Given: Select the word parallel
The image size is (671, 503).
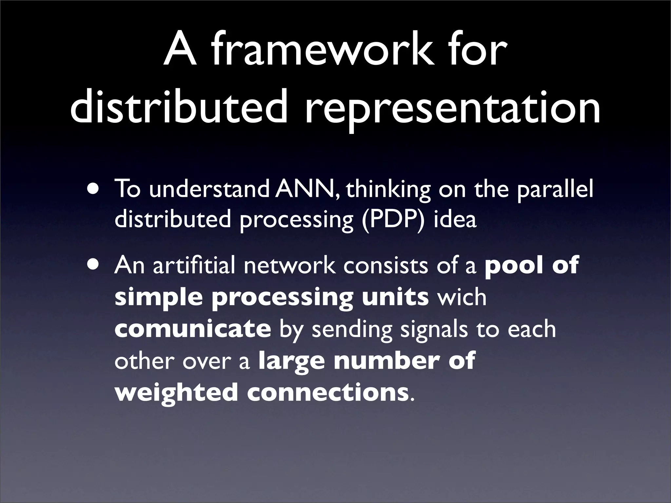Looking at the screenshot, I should pyautogui.click(x=555, y=190).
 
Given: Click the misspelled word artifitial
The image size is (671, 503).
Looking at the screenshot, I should pyautogui.click(x=194, y=265).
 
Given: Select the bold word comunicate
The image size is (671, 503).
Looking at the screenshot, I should pyautogui.click(x=193, y=328).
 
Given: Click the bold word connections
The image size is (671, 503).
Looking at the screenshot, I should pyautogui.click(x=326, y=392).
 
